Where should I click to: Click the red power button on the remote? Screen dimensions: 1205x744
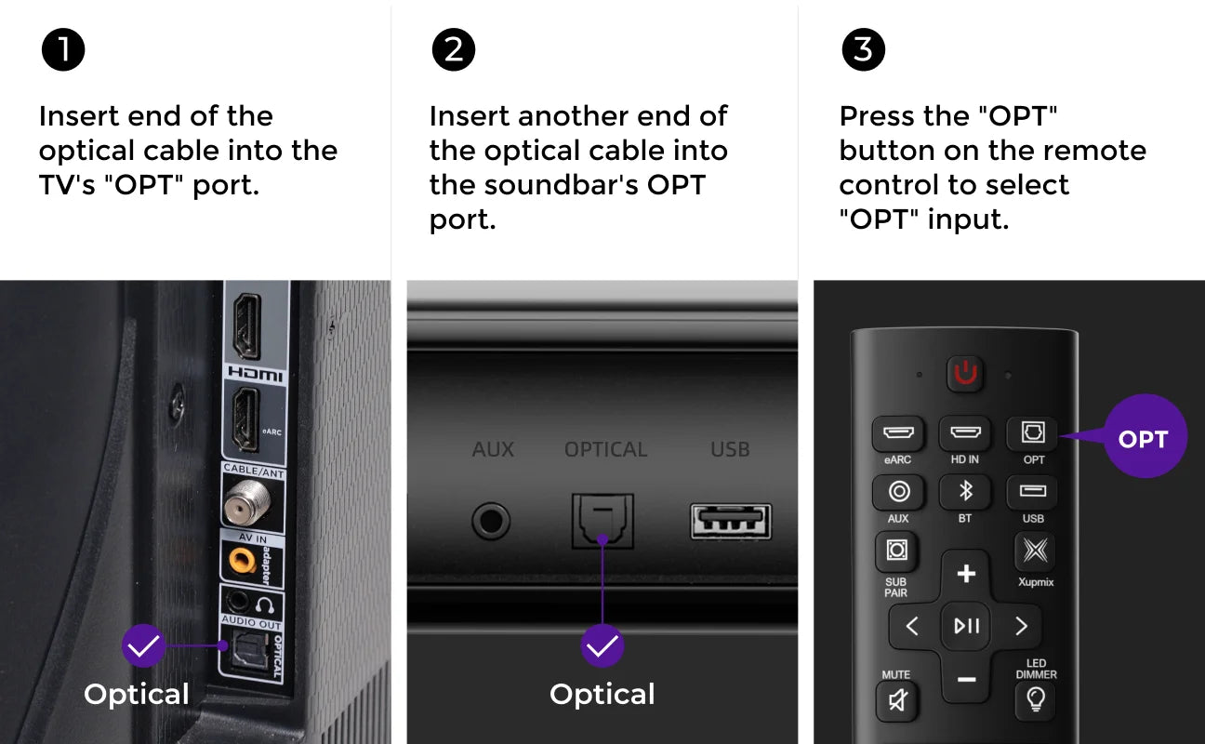click(965, 373)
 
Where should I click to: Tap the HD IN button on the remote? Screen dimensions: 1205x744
click(965, 432)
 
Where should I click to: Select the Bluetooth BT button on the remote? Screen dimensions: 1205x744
click(965, 491)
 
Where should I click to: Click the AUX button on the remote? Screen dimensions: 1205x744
click(898, 491)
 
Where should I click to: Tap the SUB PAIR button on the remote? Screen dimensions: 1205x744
click(896, 551)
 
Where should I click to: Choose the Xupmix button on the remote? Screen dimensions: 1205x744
click(1035, 551)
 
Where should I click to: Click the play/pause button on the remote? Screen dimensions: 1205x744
click(966, 626)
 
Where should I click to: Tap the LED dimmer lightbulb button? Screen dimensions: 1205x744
click(1036, 700)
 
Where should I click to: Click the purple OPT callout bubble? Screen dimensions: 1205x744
click(1145, 436)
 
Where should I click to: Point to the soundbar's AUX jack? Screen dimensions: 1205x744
click(491, 521)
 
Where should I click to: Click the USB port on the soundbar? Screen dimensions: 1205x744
click(731, 522)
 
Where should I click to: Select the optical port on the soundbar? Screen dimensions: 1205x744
click(602, 521)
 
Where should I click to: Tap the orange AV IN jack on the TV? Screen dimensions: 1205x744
click(242, 561)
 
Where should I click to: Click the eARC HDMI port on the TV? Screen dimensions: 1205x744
click(246, 419)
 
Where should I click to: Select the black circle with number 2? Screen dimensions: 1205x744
click(454, 49)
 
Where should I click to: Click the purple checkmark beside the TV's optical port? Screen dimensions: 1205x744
click(143, 645)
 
